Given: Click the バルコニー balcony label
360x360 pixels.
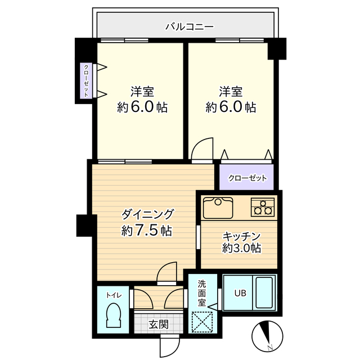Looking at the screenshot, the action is coord(190,27).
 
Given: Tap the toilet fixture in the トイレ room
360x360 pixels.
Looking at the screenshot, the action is coord(114,315).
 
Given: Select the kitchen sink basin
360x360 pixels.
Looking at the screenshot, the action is coord(218,208).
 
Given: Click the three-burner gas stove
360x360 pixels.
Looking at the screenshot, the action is coord(263,207).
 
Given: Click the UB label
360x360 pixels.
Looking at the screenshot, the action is coord(240,293).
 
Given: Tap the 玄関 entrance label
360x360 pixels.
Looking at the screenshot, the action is coord(159,325).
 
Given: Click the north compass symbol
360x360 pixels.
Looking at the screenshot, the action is coord(267,335).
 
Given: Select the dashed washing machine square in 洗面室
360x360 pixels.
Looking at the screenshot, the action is coord(202,322).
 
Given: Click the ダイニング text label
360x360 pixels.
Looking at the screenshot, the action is coord(147,214).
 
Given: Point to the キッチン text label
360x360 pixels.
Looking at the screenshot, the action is coord(241,236).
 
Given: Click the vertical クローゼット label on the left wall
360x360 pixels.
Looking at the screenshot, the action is coord(86,80).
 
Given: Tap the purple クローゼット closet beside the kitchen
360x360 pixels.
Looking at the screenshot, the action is coord(246,177).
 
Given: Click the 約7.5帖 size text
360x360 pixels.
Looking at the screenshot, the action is coord(147,230).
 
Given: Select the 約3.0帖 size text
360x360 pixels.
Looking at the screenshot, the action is coord(241,248).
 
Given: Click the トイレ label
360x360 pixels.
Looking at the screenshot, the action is coord(114,295).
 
